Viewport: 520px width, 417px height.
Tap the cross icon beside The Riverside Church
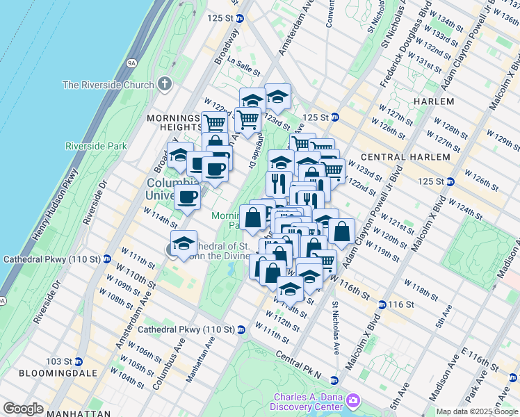click(x=164, y=85)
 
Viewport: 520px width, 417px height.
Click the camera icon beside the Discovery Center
click(x=353, y=400)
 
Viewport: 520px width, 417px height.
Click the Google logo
click(x=24, y=409)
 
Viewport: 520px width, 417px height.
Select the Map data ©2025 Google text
click(x=477, y=411)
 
